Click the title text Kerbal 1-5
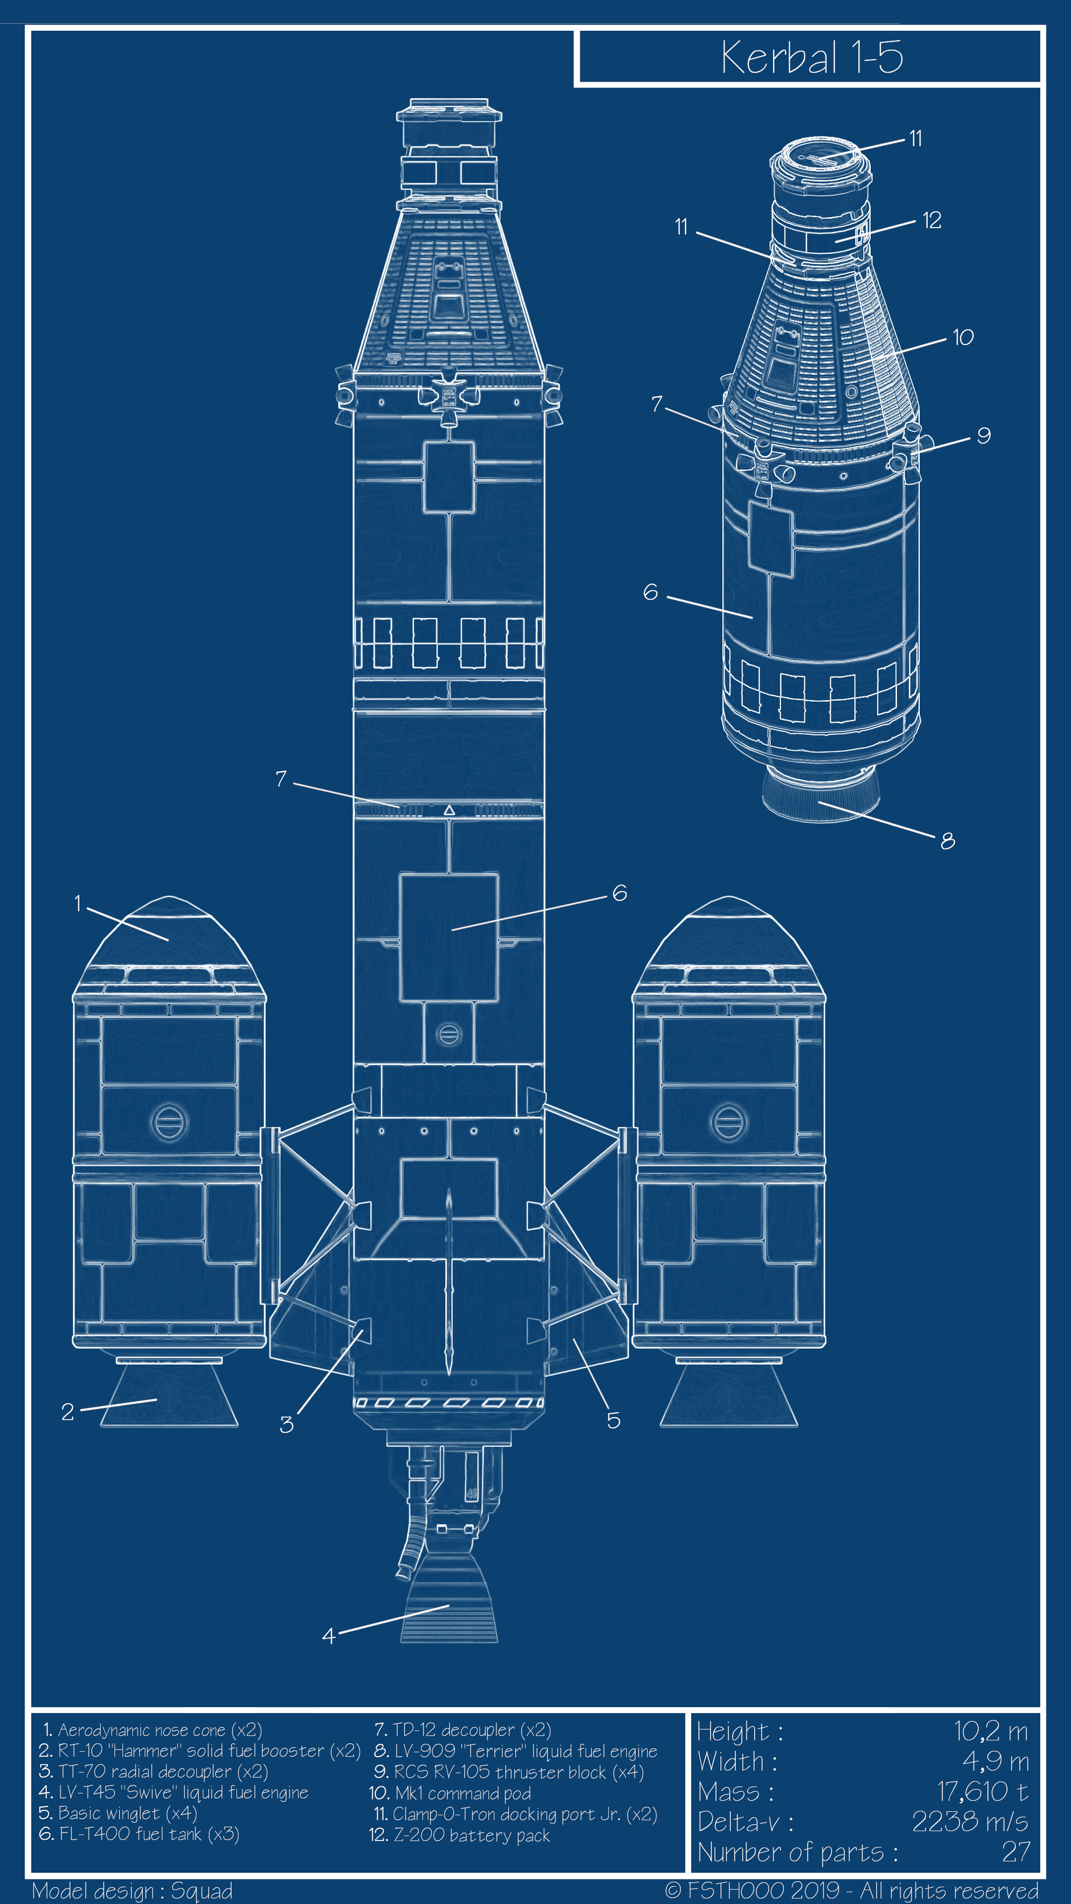point(812,57)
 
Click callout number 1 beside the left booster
point(78,903)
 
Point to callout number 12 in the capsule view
point(932,220)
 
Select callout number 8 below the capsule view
point(948,841)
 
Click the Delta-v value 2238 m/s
point(969,1822)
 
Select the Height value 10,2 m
point(991,1731)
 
